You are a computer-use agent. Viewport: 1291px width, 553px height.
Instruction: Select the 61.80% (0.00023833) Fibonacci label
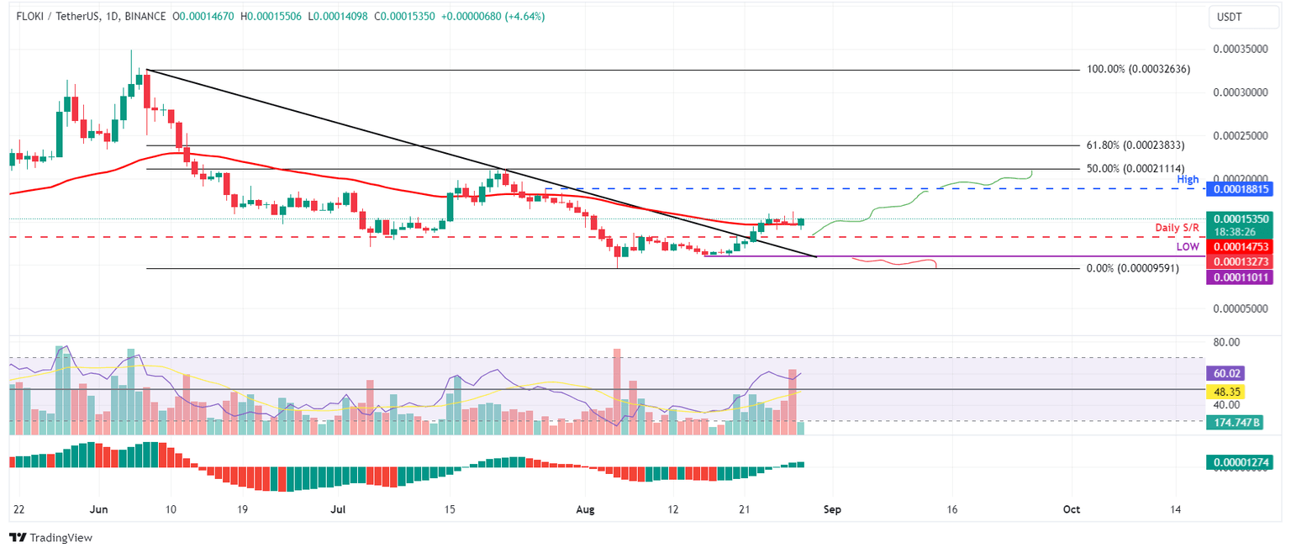pos(1135,145)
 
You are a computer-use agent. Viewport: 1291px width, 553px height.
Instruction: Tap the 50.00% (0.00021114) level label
pos(1135,168)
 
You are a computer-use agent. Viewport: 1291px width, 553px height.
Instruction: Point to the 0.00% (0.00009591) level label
pos(1131,268)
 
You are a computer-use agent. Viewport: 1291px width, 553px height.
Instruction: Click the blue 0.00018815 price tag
pos(1239,189)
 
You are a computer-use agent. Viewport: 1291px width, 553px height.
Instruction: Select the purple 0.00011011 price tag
pos(1239,277)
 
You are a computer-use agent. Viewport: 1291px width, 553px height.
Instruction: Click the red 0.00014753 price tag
pos(1239,247)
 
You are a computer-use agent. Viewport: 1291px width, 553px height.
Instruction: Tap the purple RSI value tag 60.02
pos(1224,373)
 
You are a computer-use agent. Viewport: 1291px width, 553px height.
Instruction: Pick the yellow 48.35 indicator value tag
pos(1224,392)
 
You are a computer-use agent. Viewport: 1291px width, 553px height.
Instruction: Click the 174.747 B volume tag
pos(1233,423)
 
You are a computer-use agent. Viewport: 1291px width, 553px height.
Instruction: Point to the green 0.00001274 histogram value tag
pos(1239,462)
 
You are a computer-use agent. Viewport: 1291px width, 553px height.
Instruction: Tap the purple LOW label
pos(1187,247)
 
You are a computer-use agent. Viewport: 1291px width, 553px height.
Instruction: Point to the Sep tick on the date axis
pos(832,509)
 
